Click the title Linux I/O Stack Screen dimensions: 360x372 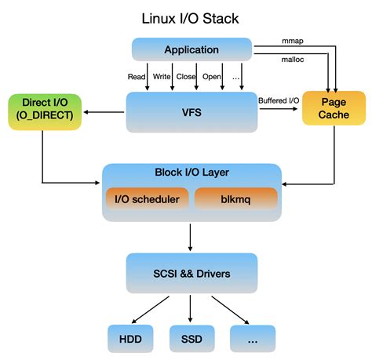coord(190,17)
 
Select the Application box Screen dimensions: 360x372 coord(191,50)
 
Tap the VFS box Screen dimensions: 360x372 coord(191,112)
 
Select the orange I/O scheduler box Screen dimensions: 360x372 coord(147,199)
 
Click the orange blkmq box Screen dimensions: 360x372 coord(235,199)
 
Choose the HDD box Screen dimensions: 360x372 coord(129,338)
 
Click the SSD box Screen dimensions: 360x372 coord(191,338)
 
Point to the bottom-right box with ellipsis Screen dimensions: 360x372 coord(252,338)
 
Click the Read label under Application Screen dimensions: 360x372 coord(136,76)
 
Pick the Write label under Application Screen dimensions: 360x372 coord(162,76)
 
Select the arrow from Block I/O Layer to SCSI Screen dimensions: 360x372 coord(191,236)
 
